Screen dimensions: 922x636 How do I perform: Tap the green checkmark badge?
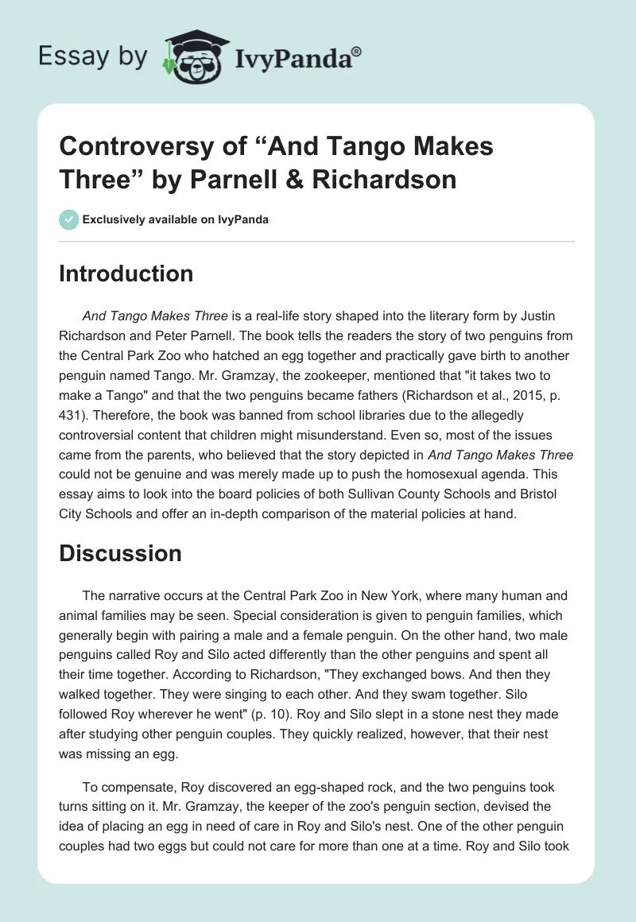pyautogui.click(x=68, y=219)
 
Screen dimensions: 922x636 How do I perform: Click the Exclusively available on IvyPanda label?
pyautogui.click(x=175, y=219)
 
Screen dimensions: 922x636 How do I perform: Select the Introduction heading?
pyautogui.click(x=126, y=274)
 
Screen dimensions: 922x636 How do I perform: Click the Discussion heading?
pyautogui.click(x=120, y=553)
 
